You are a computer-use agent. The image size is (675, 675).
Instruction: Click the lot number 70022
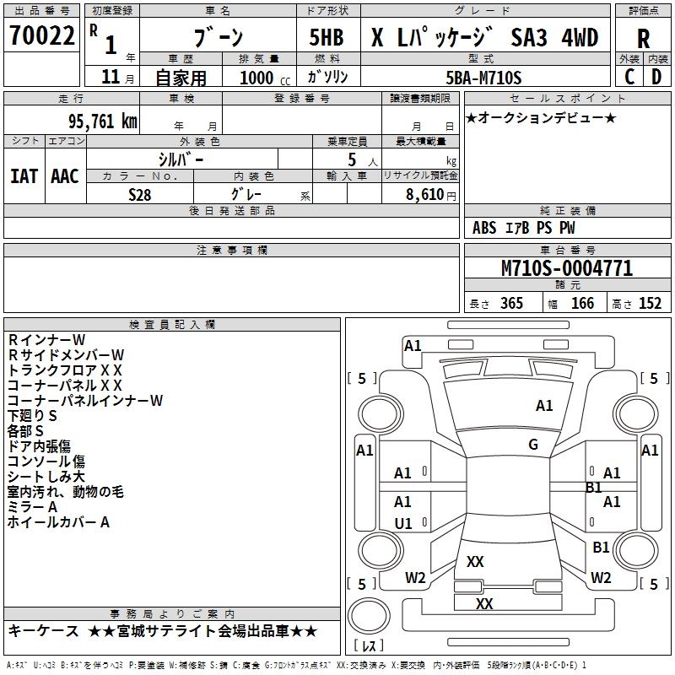tap(42, 37)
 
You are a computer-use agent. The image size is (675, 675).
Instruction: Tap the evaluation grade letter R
tap(643, 39)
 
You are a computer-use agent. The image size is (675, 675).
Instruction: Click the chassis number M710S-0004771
tap(566, 268)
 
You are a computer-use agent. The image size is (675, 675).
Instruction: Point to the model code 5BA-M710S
tap(483, 78)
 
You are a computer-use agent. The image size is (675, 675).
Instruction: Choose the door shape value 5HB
tap(321, 38)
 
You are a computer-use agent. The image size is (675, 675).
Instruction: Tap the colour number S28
tap(141, 193)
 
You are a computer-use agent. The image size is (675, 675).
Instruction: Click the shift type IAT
tap(24, 175)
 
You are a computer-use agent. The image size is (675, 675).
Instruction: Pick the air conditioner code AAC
tap(65, 175)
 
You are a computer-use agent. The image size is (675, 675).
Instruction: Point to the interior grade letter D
tap(656, 76)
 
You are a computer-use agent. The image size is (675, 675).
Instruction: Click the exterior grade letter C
tap(629, 76)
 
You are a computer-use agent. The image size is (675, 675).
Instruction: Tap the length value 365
tap(511, 304)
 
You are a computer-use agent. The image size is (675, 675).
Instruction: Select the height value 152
tap(649, 304)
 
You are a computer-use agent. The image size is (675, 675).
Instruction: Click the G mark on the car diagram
tap(532, 445)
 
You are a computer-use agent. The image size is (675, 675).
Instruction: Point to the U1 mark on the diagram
tap(403, 524)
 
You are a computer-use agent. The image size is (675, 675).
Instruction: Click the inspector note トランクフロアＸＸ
tap(66, 370)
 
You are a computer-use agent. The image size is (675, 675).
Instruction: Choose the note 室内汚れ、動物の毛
tap(66, 491)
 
